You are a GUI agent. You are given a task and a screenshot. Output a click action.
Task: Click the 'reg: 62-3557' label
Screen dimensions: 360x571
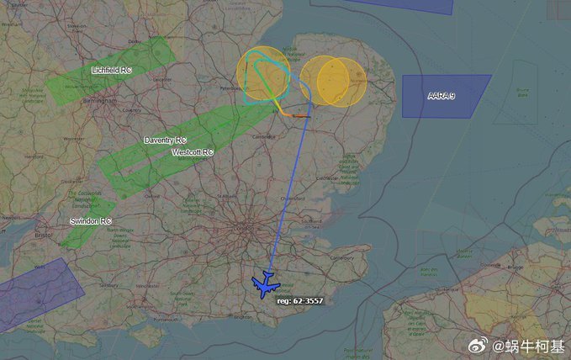tap(300, 300)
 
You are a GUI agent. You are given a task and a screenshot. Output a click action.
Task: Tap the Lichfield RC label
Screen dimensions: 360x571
tap(111, 71)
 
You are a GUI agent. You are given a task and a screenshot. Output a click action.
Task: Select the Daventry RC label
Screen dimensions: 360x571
tap(165, 140)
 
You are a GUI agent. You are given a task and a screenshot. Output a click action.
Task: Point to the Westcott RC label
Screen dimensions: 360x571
tap(193, 152)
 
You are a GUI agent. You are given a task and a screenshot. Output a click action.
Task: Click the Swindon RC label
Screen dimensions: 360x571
tap(90, 220)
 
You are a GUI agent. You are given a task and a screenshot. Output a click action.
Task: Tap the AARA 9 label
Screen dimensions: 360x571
tap(441, 97)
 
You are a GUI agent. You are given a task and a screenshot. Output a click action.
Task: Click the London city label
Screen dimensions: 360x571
tap(244, 228)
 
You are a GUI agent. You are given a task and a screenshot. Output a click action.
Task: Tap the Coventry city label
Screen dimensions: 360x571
tap(131, 109)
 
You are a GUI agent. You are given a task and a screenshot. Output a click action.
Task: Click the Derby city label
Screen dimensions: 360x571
tap(133, 41)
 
